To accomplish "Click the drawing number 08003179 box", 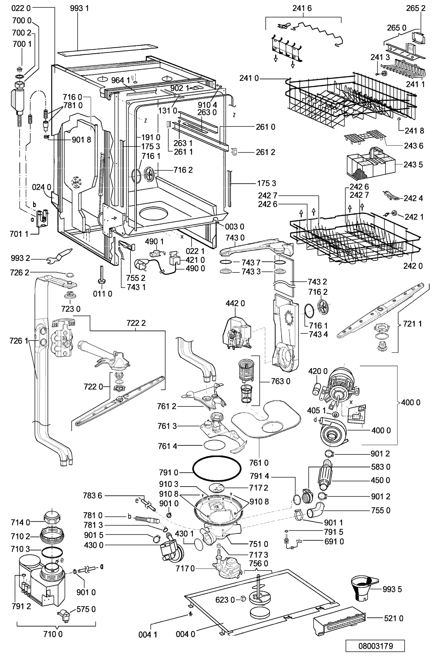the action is click(375, 646).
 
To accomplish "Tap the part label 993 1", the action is click(80, 8).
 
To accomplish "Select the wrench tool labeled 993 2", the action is click(59, 255).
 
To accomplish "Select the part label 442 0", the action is click(235, 303).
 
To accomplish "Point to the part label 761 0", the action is click(259, 463).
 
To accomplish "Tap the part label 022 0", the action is click(21, 8).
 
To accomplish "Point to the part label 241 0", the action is click(249, 78).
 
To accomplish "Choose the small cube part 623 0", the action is click(243, 598).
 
